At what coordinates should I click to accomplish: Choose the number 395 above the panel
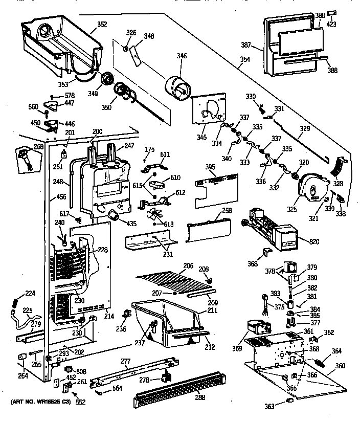click(x=210, y=167)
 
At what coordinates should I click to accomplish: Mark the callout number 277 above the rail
click(x=126, y=362)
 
